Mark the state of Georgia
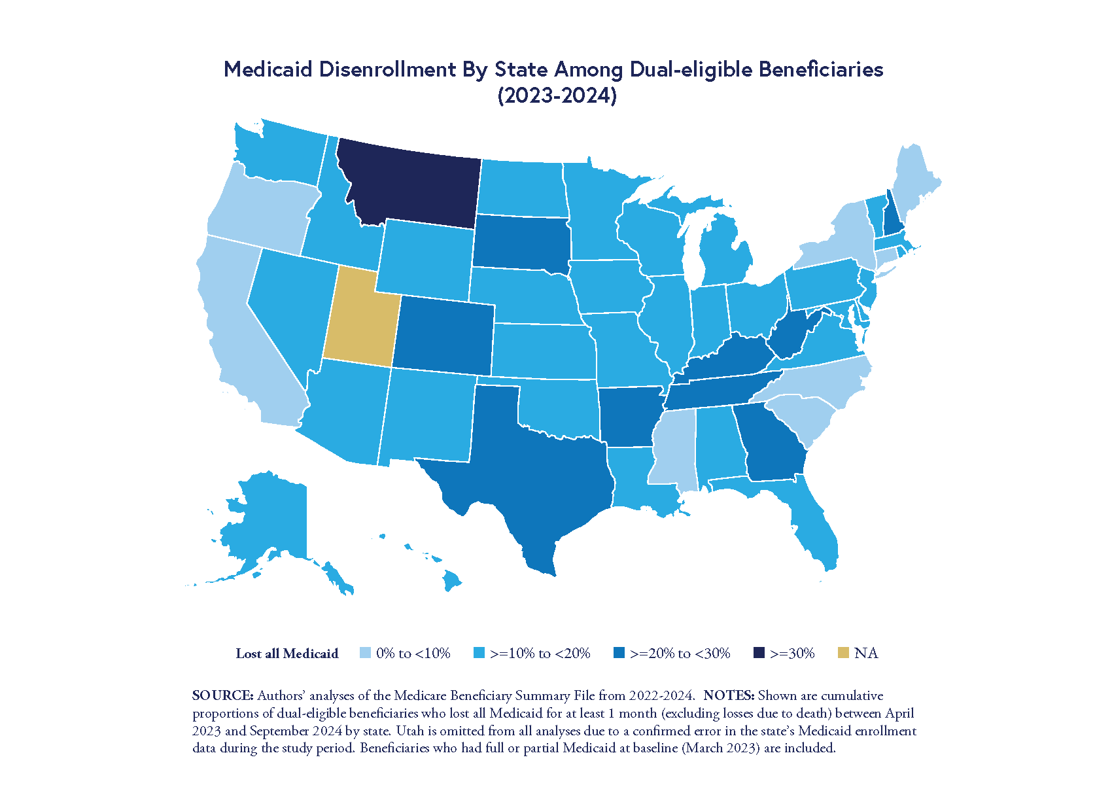pyautogui.click(x=772, y=445)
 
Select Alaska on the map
pyautogui.click(x=268, y=523)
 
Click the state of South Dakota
pyautogui.click(x=520, y=242)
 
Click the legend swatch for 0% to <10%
pyautogui.click(x=366, y=653)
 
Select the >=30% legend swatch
pyautogui.click(x=759, y=653)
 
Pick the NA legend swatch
pyautogui.click(x=844, y=653)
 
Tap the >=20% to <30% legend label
pyautogui.click(x=680, y=653)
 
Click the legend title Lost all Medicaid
pyautogui.click(x=287, y=653)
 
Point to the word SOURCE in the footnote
pyautogui.click(x=222, y=695)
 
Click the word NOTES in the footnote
pyautogui.click(x=729, y=695)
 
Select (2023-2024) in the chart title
pyautogui.click(x=557, y=96)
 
